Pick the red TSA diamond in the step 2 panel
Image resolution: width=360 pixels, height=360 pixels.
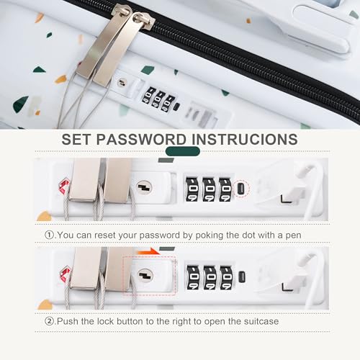point(65,274)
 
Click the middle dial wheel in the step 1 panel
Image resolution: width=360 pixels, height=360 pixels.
point(209,190)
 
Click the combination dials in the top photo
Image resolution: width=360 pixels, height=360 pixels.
point(155,97)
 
